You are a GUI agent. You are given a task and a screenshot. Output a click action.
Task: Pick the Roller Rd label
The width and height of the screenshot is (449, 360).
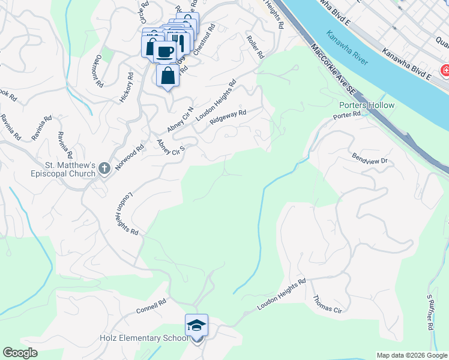[255, 46]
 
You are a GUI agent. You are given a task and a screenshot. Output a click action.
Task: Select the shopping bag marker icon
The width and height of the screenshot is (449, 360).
[168, 76]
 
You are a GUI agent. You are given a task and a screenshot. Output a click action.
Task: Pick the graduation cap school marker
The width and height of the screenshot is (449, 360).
[196, 325]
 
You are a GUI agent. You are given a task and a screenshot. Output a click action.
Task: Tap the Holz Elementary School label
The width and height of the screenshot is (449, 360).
[144, 338]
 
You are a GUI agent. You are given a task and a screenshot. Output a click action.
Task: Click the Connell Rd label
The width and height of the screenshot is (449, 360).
[150, 307]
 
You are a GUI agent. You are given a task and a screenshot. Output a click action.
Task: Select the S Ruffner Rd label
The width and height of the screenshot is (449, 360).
[430, 313]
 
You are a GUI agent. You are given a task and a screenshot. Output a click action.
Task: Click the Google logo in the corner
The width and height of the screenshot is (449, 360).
[20, 353]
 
